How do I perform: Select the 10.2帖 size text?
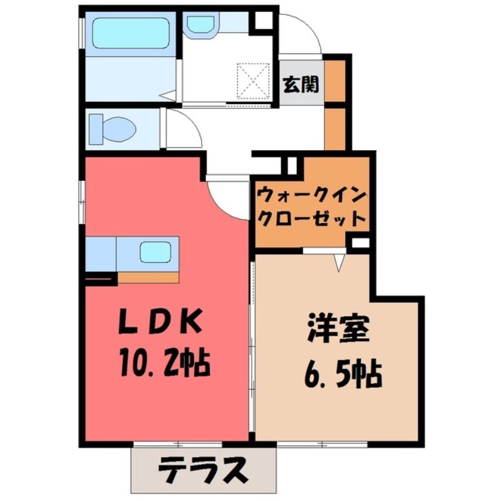click(164, 362)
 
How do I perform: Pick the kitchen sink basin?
click(155, 252)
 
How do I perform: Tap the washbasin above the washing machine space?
click(201, 24)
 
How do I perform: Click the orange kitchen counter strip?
click(148, 277)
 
